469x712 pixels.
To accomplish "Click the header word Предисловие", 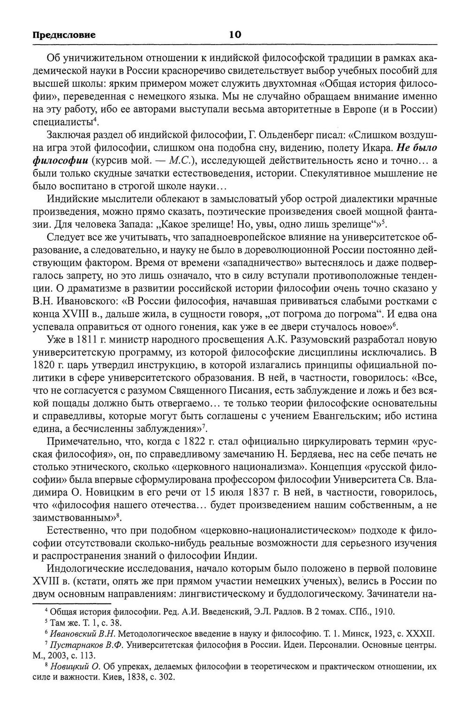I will [x=64, y=35].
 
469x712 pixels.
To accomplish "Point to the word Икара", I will [x=377, y=148].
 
